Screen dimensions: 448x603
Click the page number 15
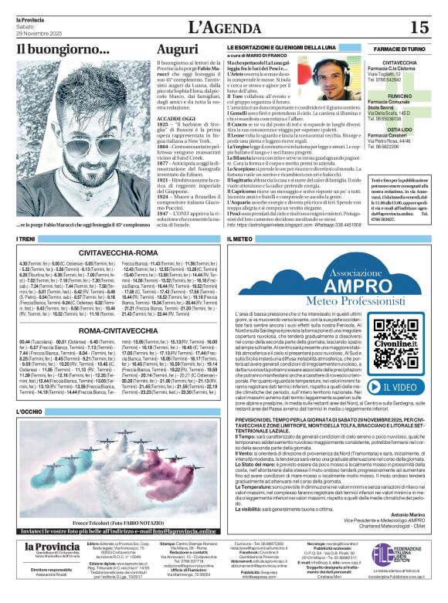pyautogui.click(x=419, y=27)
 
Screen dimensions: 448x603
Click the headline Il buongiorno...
pyautogui.click(x=63, y=49)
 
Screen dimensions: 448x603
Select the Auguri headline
pyautogui.click(x=178, y=49)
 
